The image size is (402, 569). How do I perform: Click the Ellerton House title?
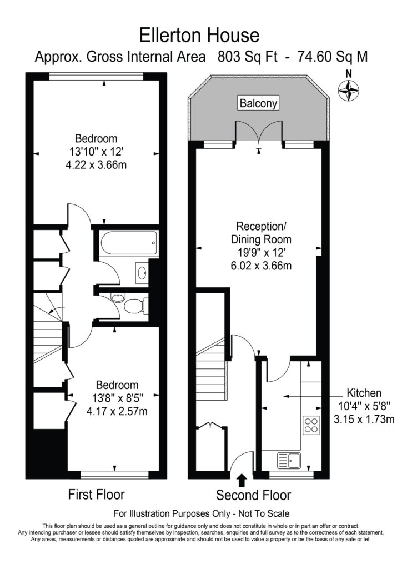coord(199,36)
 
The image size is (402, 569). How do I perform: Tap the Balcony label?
coord(258,103)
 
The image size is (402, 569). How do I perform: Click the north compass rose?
coord(349,89)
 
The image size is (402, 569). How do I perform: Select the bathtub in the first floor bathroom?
coord(129,243)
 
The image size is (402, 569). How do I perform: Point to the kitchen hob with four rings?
coord(311,425)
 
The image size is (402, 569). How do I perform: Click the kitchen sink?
coord(289,460)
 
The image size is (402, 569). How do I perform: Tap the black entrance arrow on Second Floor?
coord(242,480)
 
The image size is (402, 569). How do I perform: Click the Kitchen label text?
coord(364,393)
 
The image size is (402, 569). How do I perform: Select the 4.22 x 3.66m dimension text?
coord(96,166)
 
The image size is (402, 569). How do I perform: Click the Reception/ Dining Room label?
coord(261,233)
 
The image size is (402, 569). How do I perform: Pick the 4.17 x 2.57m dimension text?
coord(117,412)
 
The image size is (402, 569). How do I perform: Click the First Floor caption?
coord(96,494)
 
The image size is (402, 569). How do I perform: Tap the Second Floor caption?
coord(253,495)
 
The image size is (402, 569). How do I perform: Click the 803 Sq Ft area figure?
coord(247,57)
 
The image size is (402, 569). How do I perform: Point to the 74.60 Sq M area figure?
coord(333,57)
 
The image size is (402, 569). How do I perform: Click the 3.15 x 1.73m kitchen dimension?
coord(364,420)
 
